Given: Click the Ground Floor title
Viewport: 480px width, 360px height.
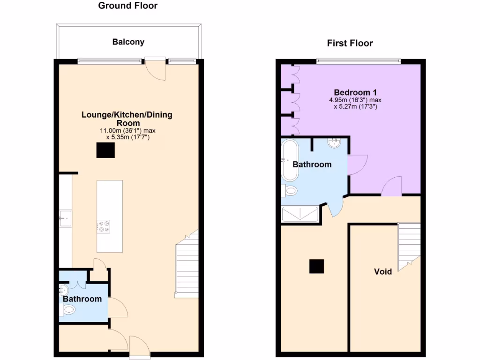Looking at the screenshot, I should point(127,6).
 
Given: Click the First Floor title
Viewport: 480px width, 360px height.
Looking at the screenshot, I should point(350,44).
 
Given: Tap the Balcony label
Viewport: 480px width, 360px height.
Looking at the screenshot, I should point(128,42).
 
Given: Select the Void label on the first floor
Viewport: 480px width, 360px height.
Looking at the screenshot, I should point(382,271).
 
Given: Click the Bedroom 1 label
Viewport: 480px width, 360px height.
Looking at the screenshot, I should point(355,92).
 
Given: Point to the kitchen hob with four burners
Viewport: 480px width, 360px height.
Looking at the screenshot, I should point(103,227).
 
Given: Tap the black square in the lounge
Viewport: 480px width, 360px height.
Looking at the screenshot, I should point(105,150).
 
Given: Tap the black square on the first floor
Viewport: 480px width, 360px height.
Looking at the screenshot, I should point(316,266).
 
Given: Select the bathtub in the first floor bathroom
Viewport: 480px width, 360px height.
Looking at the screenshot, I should point(289,160).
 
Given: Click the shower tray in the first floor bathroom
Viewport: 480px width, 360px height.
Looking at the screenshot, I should point(300,214).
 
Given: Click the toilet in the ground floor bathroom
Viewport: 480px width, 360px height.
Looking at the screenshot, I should point(68,309).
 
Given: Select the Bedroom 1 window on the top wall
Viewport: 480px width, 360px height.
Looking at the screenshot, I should point(359,60).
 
